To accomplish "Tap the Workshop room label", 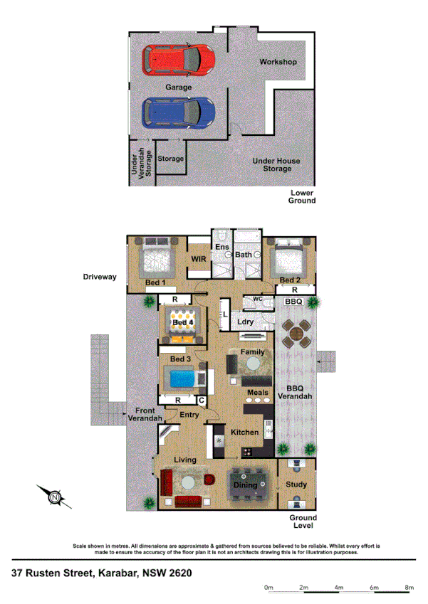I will tap(277, 62).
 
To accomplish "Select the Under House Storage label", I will tap(276, 164).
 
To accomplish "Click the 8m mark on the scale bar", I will tap(409, 588).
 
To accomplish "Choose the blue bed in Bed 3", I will tap(183, 378).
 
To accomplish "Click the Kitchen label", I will tap(244, 433).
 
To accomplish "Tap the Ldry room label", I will tap(246, 322).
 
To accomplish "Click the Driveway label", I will tap(99, 276).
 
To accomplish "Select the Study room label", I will tap(296, 485).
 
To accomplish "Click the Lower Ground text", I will tap(302, 197).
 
